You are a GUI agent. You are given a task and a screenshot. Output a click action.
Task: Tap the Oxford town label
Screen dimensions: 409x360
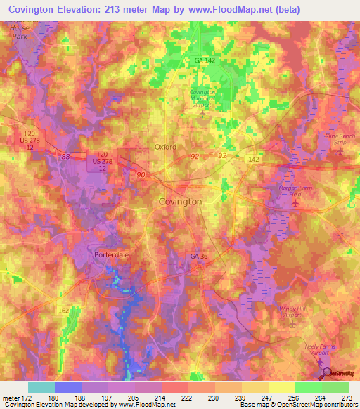165,147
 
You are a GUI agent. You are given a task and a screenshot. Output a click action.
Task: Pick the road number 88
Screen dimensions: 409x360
65,157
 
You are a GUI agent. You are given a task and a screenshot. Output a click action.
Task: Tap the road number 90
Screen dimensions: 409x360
143,174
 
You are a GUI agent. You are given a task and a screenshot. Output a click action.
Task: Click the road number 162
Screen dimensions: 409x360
64,310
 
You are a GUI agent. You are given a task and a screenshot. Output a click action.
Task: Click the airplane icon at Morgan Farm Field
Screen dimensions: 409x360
295,204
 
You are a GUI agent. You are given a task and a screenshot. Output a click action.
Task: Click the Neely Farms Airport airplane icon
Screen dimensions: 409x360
321,362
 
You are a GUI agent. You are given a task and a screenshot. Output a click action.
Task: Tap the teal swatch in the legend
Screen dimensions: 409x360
41,387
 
